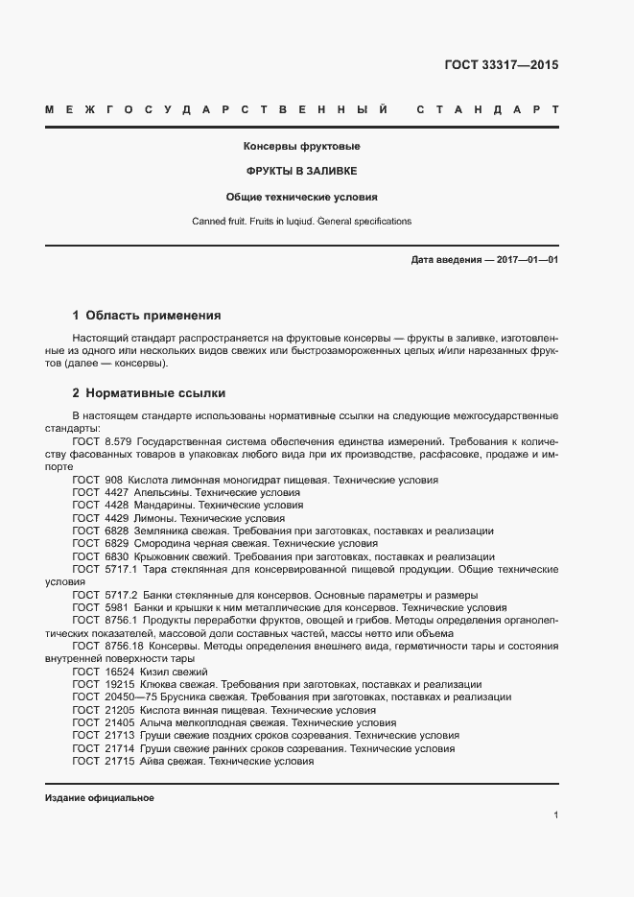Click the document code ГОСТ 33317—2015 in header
[501, 65]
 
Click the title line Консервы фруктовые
[302, 147]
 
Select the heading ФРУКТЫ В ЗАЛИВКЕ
[302, 172]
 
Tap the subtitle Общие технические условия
[302, 197]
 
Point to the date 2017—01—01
[527, 260]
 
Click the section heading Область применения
[153, 315]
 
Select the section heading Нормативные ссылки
[155, 393]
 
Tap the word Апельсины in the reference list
[165, 492]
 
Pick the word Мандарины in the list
[165, 505]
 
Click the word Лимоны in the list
[157, 517]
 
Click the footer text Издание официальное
[100, 798]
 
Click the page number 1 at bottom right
[556, 814]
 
